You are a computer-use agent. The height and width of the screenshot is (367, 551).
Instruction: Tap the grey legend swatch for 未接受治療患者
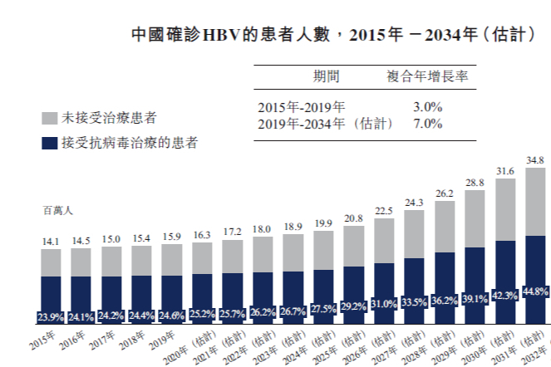point(49,119)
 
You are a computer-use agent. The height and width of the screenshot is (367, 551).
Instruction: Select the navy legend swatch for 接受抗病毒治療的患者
point(49,143)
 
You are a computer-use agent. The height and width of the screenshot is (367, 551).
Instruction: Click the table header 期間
point(326,76)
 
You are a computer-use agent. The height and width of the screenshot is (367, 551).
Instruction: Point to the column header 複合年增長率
point(427,76)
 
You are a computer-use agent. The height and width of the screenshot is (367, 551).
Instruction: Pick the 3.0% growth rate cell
point(427,107)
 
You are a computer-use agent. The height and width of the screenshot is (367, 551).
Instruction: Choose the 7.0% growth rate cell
point(427,124)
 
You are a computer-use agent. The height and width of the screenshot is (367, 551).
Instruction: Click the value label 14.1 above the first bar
point(51,242)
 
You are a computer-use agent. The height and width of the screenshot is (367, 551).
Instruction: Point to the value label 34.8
point(536,159)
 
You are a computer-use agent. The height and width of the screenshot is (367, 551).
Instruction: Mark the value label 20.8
point(353,218)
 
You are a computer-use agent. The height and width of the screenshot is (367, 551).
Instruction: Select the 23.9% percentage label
point(51,318)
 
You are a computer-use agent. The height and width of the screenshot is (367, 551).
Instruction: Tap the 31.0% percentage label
point(384,316)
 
